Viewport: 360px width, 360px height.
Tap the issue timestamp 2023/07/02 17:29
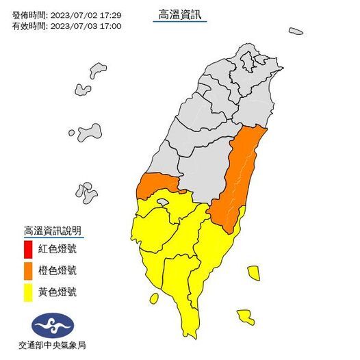pyautogui.click(x=86, y=14)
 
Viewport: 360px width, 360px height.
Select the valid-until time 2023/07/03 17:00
pyautogui.click(x=86, y=25)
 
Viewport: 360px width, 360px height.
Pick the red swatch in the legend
pyautogui.click(x=28, y=247)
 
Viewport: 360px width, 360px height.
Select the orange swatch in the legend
pyautogui.click(x=28, y=270)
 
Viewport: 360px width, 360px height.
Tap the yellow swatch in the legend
pyautogui.click(x=28, y=292)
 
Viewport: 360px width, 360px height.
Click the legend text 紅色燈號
pyautogui.click(x=57, y=247)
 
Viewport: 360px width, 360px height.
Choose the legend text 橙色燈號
pyautogui.click(x=57, y=270)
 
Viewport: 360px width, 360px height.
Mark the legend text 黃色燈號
pyautogui.click(x=57, y=292)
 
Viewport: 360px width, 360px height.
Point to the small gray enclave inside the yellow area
pyautogui.click(x=162, y=202)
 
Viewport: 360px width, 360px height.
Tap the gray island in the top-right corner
pyautogui.click(x=296, y=31)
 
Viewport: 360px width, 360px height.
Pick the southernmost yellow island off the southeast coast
pyautogui.click(x=245, y=316)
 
